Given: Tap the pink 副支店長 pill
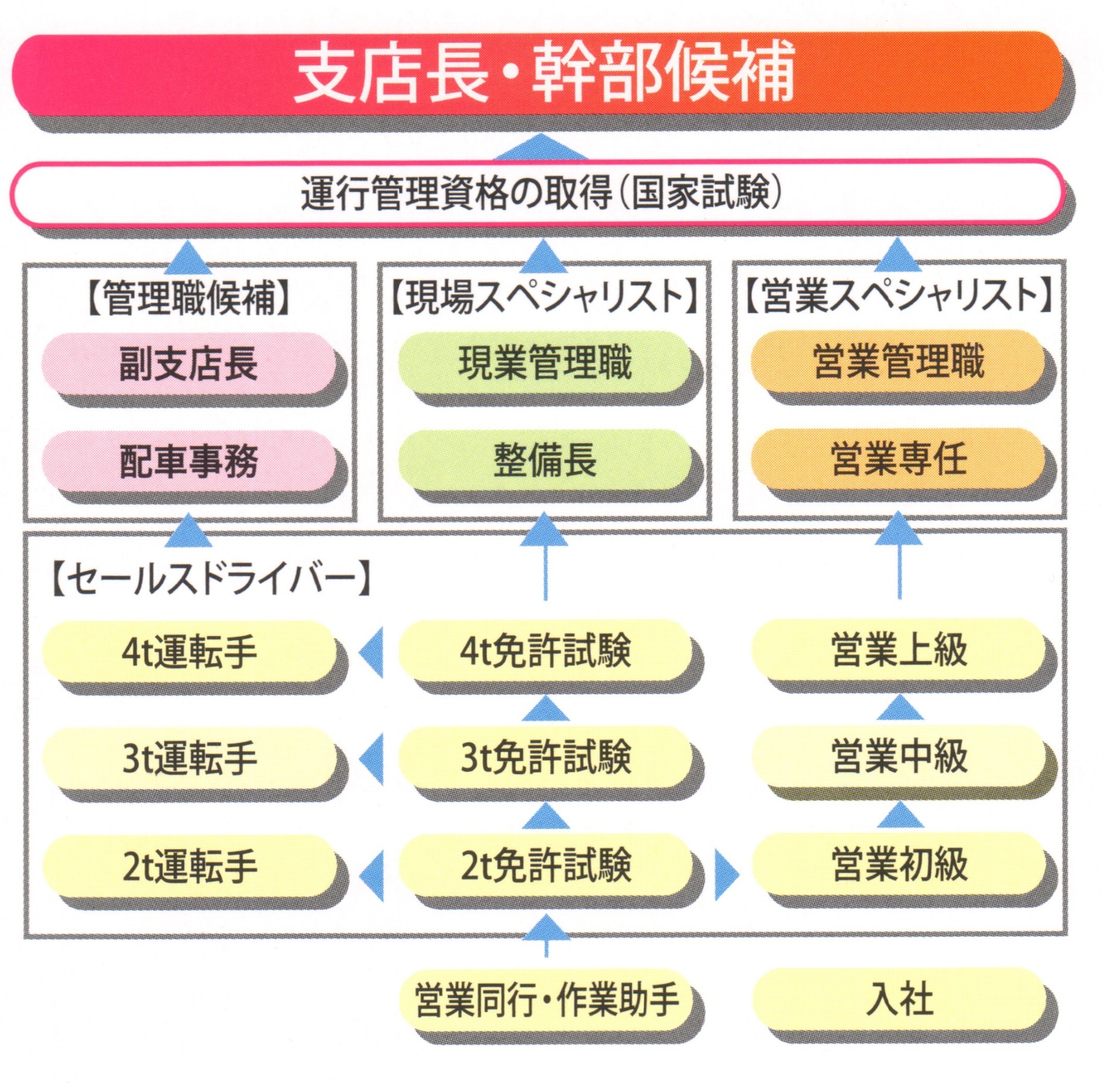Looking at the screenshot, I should point(189,363).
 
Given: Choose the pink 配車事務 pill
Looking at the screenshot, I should point(189,461).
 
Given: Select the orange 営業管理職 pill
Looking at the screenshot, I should point(899,361).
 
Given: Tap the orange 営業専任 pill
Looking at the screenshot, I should point(899,458).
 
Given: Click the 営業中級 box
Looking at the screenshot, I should point(899,755).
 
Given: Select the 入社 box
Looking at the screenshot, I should point(899,1000).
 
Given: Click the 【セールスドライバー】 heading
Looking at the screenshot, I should point(211,580).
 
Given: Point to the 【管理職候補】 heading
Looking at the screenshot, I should point(189,298).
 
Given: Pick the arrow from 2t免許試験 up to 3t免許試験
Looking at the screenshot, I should point(545,816).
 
